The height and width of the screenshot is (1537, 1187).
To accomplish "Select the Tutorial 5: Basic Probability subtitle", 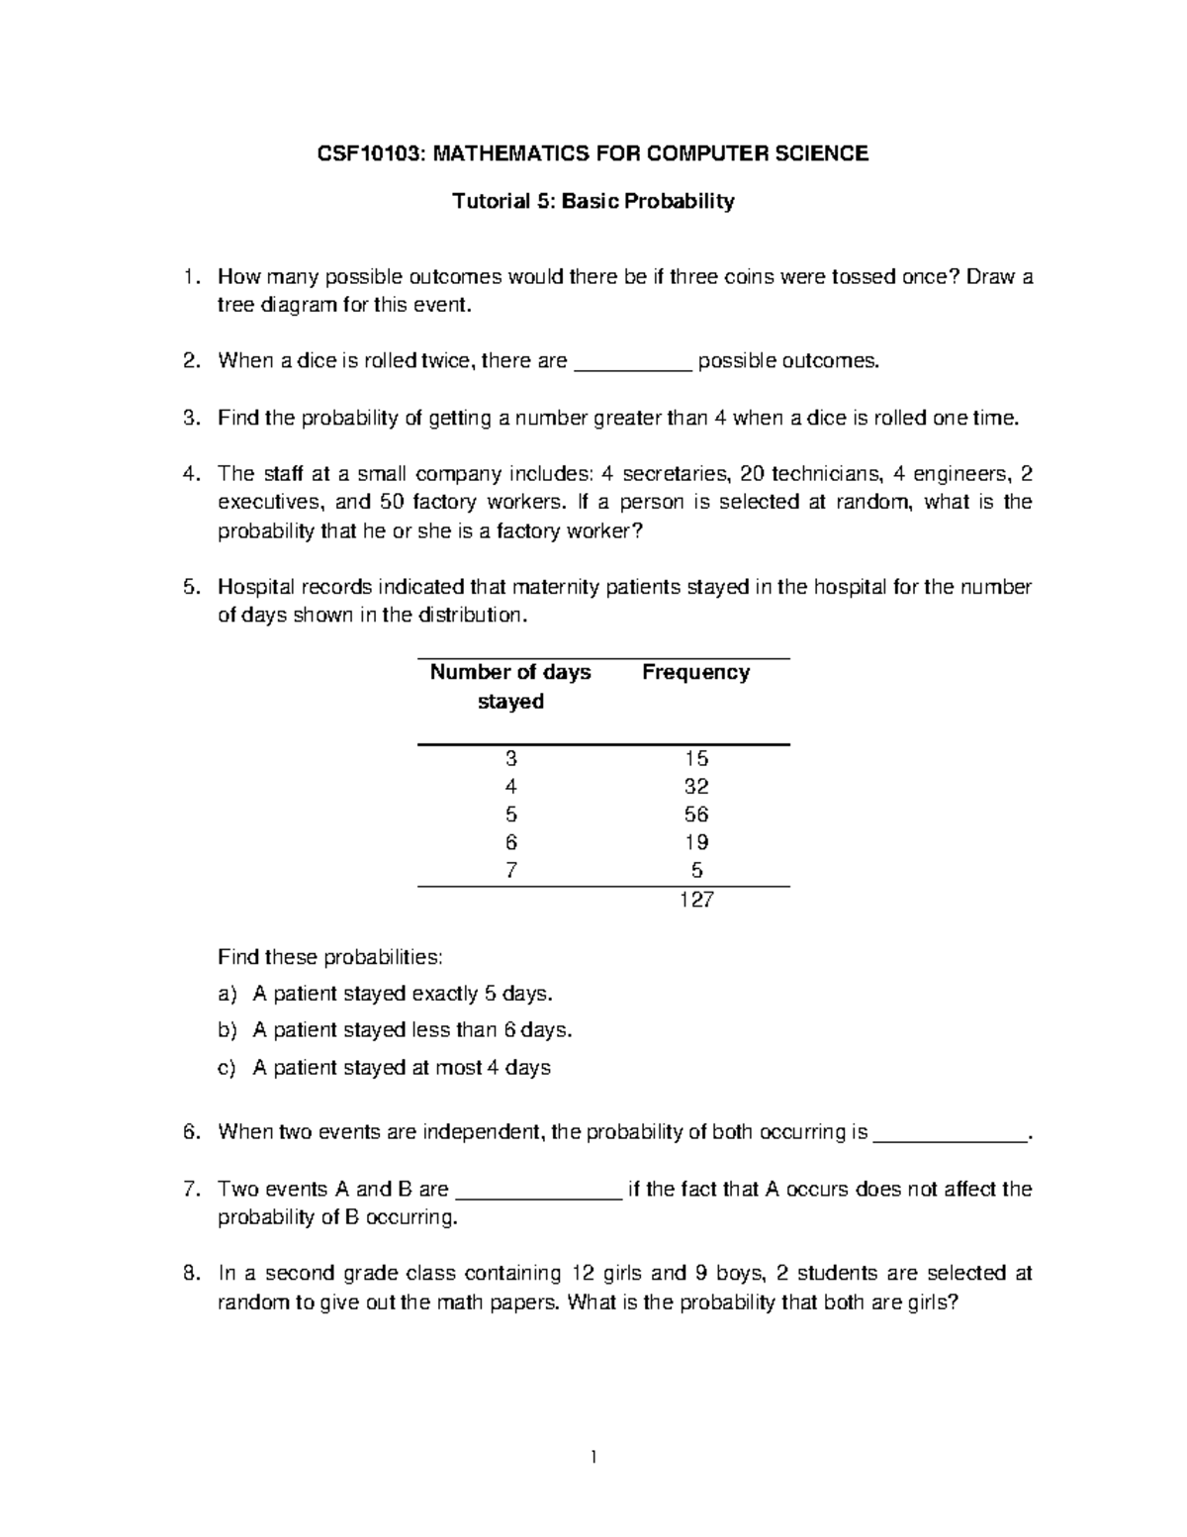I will tap(593, 202).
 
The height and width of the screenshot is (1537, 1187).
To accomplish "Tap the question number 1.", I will tap(192, 277).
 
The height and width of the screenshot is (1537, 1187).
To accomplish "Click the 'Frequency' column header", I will tap(695, 673).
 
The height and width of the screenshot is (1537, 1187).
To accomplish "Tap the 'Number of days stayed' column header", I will tap(510, 687).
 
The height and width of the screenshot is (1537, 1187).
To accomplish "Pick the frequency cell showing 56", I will tap(695, 815).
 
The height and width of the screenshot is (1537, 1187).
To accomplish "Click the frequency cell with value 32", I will tap(695, 787).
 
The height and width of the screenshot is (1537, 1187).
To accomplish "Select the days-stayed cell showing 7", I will tap(510, 871).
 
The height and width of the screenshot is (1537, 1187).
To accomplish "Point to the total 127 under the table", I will tap(695, 900).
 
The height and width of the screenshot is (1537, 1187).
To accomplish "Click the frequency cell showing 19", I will tap(695, 842).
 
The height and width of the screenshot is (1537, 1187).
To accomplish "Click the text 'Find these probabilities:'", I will tap(330, 957).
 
